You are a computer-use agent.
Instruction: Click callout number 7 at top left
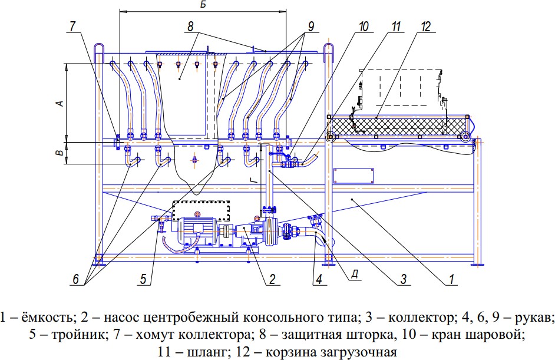(x=72, y=27)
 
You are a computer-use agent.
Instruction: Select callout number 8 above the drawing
(x=190, y=27)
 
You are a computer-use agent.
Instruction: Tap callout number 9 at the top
(x=310, y=27)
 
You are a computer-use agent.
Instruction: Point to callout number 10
(x=364, y=27)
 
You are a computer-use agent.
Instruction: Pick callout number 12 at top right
(x=426, y=27)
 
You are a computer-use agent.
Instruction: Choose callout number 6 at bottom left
(x=76, y=279)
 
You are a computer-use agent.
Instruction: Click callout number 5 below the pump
(x=143, y=279)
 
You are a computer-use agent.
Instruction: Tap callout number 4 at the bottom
(x=319, y=279)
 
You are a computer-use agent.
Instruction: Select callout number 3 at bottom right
(x=404, y=279)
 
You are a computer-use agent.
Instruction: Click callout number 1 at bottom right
(x=451, y=279)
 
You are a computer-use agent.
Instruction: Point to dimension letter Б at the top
(x=203, y=5)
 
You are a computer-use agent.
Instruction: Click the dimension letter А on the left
(x=60, y=103)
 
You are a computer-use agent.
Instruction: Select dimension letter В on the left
(x=60, y=153)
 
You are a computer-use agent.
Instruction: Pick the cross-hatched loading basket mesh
(x=397, y=126)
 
